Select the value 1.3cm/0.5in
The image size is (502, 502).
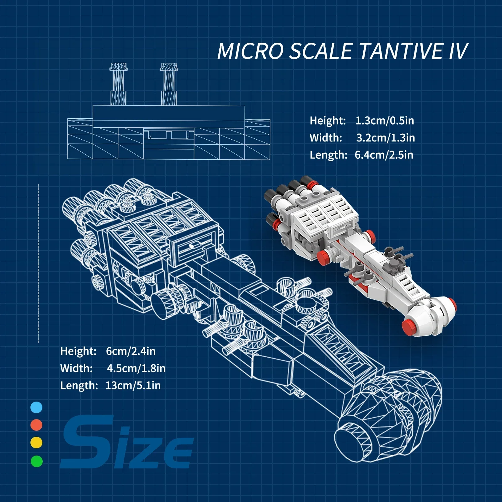[x=385, y=121]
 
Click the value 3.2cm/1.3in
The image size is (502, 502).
[x=386, y=138]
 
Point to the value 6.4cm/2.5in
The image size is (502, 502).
[x=384, y=155]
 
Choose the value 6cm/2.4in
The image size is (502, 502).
[x=131, y=351]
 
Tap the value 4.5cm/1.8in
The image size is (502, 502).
[x=136, y=368]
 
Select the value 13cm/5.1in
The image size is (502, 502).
[x=133, y=386]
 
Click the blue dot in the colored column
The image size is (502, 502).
[x=36, y=408]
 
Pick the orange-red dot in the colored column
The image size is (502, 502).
[x=36, y=425]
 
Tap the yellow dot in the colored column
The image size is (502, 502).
[x=36, y=443]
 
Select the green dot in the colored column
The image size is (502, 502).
[x=37, y=461]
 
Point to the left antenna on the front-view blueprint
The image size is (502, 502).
[x=118, y=84]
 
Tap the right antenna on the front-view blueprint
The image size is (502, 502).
[x=169, y=84]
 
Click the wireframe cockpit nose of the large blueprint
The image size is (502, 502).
[x=389, y=417]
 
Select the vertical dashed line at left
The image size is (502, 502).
[x=39, y=264]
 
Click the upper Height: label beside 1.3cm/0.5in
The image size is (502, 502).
[x=328, y=121]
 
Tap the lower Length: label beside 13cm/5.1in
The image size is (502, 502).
[x=79, y=386]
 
